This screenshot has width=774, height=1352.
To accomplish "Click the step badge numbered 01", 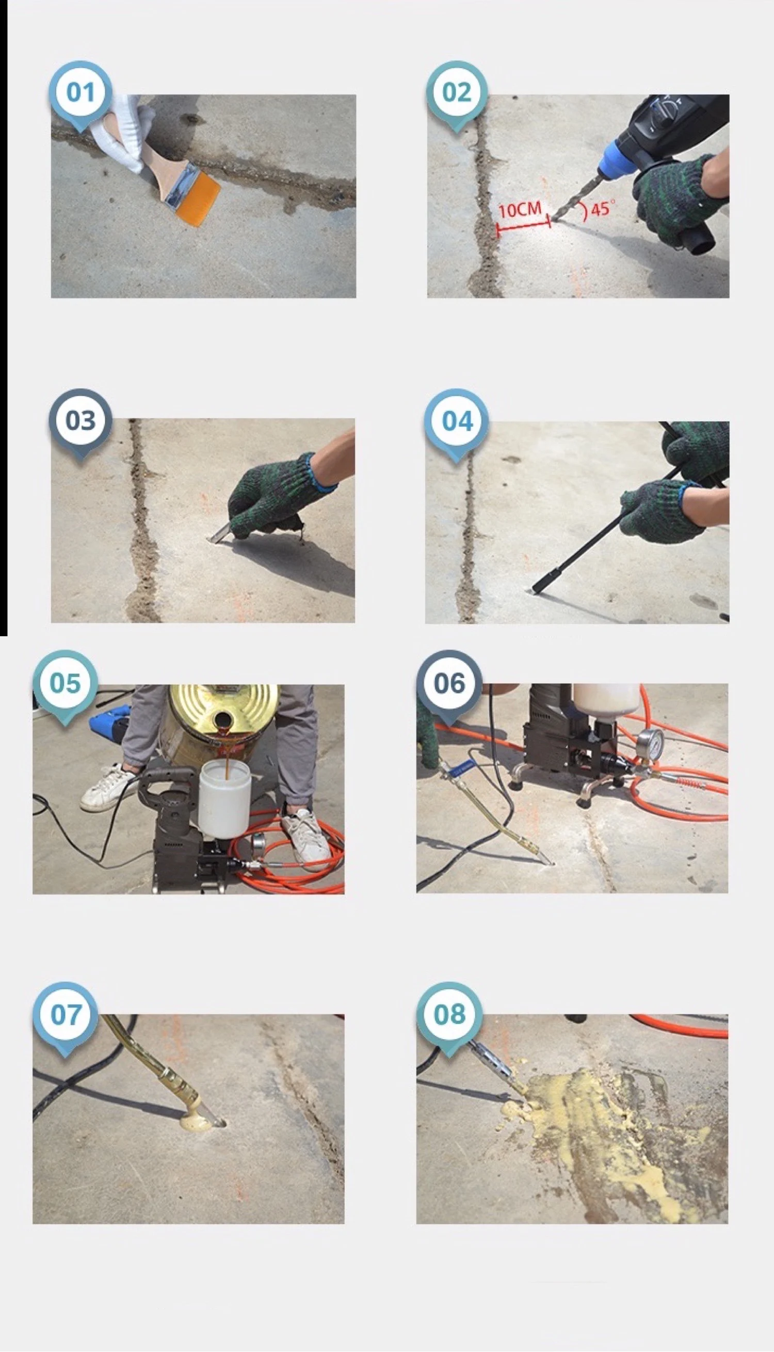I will click(x=80, y=92).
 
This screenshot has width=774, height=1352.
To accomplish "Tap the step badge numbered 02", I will click(x=457, y=92).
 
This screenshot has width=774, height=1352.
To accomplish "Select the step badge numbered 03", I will click(x=80, y=420).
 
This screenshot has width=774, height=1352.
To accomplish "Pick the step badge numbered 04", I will click(x=457, y=421).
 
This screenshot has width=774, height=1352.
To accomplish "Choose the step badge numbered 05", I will click(x=66, y=683).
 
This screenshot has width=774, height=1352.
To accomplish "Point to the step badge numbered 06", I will click(x=449, y=683).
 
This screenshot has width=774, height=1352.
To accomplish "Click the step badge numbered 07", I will click(x=66, y=1015).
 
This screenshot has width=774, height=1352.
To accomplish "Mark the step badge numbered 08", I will click(x=449, y=1015).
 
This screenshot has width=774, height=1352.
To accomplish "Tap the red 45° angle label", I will click(x=601, y=209).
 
